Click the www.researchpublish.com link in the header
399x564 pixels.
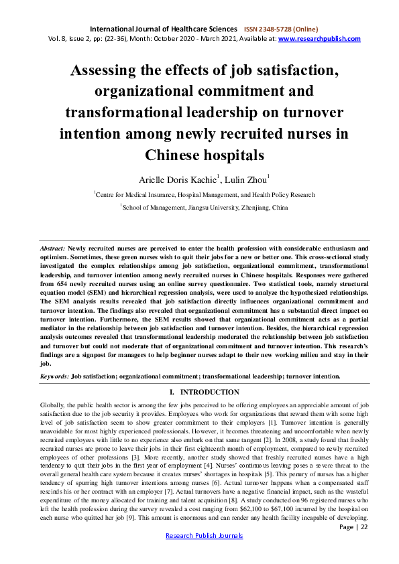pos(319,39)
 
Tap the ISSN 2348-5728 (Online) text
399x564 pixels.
pos(281,29)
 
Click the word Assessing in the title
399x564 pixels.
pos(111,69)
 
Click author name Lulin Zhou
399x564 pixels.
pos(248,179)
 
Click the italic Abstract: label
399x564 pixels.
pos(53,248)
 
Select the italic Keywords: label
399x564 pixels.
pos(54,376)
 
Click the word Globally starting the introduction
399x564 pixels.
pos(54,406)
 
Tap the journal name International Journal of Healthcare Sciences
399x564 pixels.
pos(163,29)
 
